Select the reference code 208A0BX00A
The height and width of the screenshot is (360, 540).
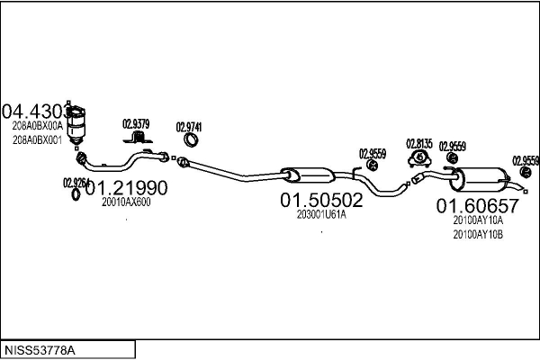[x=37, y=127]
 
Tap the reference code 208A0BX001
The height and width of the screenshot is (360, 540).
[x=37, y=140]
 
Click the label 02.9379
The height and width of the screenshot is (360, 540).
[x=136, y=124]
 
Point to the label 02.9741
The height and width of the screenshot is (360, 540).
[x=188, y=127]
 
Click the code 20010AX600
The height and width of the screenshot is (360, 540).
[x=126, y=202]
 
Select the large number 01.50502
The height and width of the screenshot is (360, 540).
[x=321, y=199]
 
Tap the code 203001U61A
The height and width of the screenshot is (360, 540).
[x=321, y=214]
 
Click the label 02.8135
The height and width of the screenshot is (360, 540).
[x=418, y=143]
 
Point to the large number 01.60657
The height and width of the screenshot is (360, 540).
[x=478, y=205]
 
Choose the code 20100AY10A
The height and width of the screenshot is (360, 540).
[x=478, y=220]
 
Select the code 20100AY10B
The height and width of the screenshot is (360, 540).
[x=478, y=235]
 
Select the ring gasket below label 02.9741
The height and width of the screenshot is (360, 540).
[x=192, y=140]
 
